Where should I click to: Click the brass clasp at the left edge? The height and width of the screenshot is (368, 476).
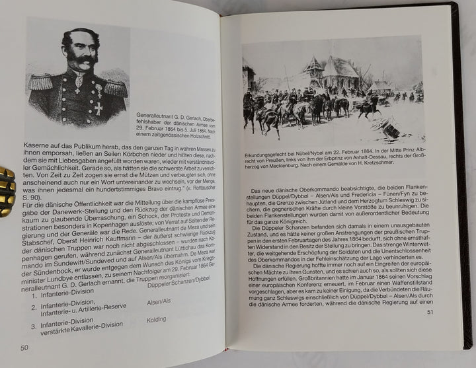click(6, 191)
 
